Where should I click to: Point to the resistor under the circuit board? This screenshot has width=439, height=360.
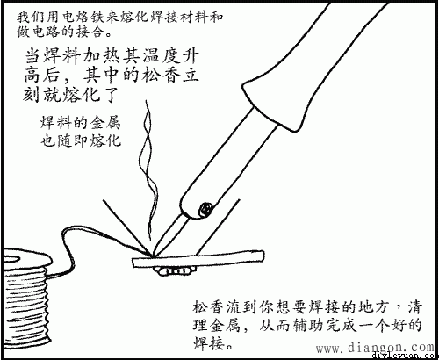(x=176, y=270)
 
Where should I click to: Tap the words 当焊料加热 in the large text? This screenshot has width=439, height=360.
(x=70, y=54)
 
